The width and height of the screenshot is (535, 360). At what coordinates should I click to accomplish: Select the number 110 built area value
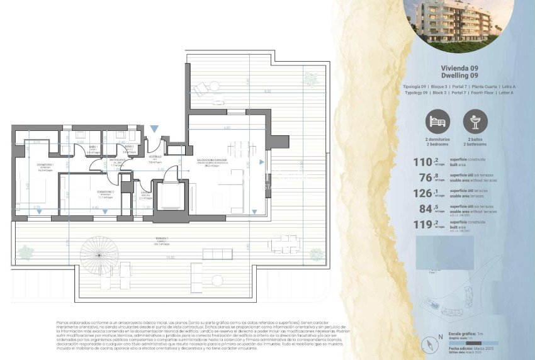422,162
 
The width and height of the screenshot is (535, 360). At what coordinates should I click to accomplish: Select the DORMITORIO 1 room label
45,166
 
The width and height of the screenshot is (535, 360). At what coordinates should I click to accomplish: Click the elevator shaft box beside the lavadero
169,196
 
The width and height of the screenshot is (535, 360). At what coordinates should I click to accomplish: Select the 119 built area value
422,223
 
